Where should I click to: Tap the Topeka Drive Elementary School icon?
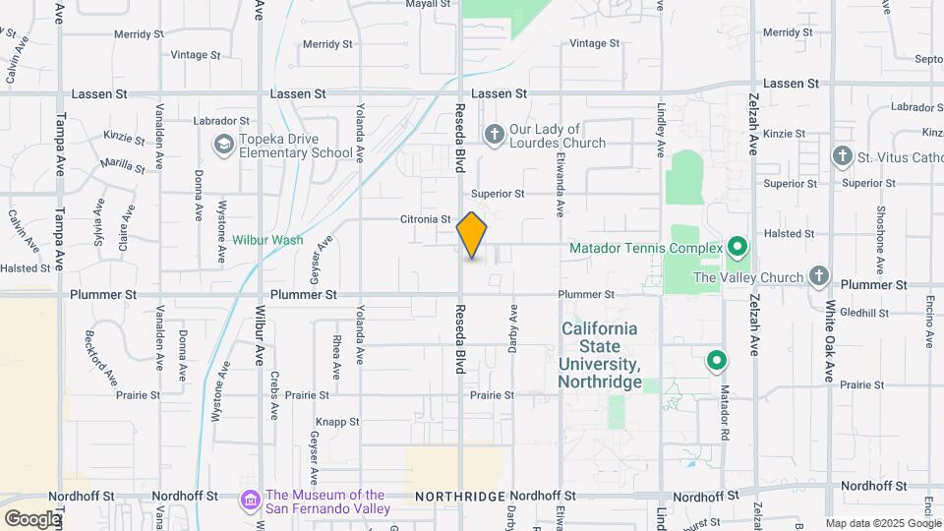point(224,146)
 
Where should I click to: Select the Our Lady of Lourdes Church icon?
point(494,133)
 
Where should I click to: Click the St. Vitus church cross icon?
point(841,156)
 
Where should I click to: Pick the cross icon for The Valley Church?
point(818,276)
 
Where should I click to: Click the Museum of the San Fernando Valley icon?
point(251,501)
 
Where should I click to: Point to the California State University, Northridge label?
point(600,355)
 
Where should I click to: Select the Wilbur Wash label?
point(267,239)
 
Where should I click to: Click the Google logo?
point(32,518)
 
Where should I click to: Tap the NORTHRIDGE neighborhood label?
point(460,496)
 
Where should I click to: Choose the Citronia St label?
point(425,219)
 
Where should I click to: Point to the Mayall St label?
point(428,4)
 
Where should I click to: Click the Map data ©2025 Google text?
point(882,523)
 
